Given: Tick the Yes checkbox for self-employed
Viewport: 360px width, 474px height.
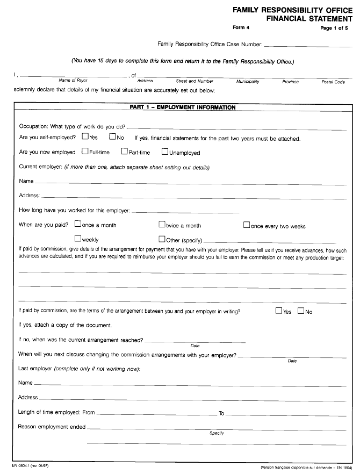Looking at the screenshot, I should click(x=85, y=137).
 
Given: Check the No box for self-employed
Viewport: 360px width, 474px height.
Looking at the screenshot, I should click(x=112, y=137).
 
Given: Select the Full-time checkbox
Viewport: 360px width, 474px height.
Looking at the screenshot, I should click(x=85, y=152).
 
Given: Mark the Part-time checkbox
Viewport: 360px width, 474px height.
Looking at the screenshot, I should click(x=124, y=152).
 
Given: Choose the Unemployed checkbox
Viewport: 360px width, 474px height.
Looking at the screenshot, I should click(x=165, y=152).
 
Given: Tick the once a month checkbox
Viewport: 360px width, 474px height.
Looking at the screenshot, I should click(x=78, y=224).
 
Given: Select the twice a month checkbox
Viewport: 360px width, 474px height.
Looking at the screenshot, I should click(x=162, y=225).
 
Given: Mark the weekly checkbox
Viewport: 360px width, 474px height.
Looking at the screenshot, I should click(x=78, y=239).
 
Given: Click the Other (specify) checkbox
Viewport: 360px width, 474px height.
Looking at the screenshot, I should click(x=162, y=239).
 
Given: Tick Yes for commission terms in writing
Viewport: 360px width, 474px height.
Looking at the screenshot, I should click(x=279, y=311).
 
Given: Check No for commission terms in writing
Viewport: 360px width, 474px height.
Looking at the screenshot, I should click(x=300, y=311).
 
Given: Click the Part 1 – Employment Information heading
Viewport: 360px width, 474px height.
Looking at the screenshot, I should click(x=183, y=107).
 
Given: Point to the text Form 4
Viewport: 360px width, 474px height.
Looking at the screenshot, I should click(x=241, y=27).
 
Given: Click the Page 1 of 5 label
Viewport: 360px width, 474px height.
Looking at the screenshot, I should click(x=334, y=28).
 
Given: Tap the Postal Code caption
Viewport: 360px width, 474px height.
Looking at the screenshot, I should click(x=333, y=82).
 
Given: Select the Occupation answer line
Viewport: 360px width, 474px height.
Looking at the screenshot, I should click(x=236, y=128).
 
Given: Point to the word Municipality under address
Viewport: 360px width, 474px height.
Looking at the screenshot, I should click(x=248, y=82).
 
